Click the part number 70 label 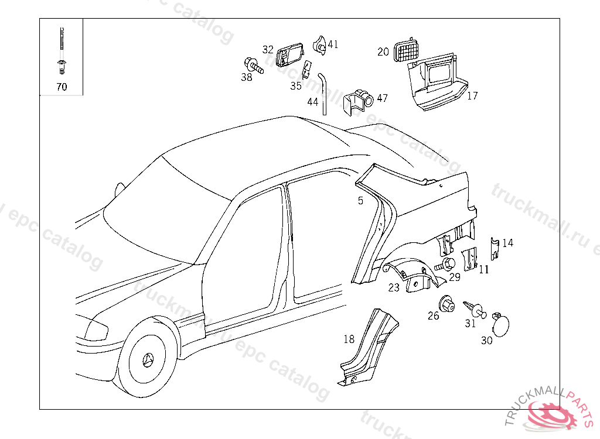pos(62,87)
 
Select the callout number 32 pos(268,50)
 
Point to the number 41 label pos(333,44)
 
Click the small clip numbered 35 pos(306,71)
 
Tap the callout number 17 pos(472,96)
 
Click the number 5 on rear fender pos(360,201)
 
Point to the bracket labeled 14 pos(494,248)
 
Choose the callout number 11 pos(483,270)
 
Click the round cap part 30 pos(500,324)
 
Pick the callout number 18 pos(349,339)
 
